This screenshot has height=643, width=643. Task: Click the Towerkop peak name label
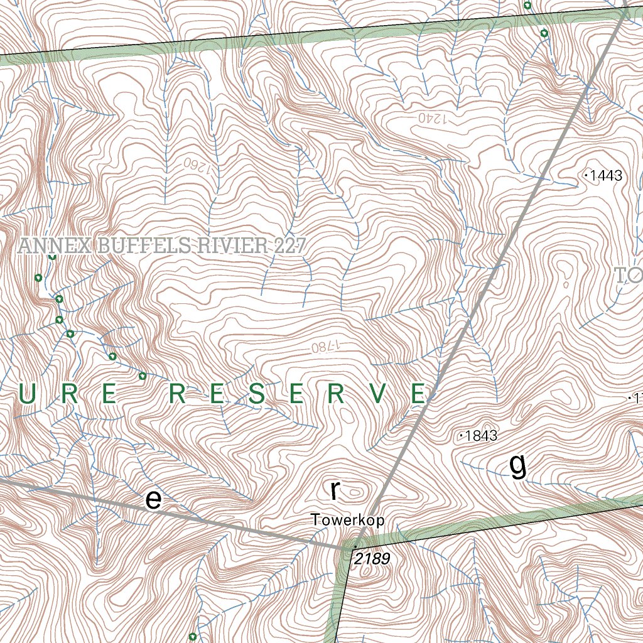(x=347, y=520)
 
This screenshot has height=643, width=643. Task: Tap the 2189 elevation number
(x=372, y=558)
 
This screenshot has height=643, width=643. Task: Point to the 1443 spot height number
(x=606, y=176)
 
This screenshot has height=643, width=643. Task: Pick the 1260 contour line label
(x=195, y=165)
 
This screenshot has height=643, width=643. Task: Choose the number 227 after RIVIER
(x=289, y=246)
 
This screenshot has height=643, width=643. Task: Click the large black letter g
(x=517, y=467)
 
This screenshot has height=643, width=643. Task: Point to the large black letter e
(x=153, y=499)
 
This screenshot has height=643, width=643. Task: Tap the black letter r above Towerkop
(x=335, y=490)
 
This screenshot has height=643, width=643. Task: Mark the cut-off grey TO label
(x=628, y=275)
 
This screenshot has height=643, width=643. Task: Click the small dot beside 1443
(x=586, y=176)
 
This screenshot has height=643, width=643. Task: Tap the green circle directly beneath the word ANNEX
(x=53, y=256)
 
